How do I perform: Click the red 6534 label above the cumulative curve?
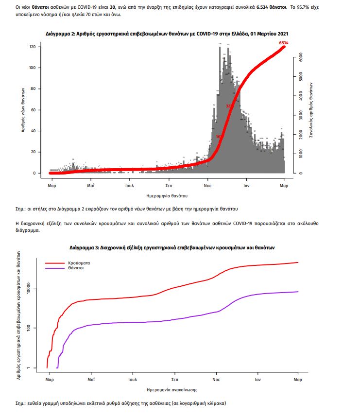tap(284, 43)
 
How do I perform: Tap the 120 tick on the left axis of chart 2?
tap(33, 47)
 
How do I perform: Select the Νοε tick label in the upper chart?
tap(208, 186)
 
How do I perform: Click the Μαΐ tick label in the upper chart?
tap(91, 186)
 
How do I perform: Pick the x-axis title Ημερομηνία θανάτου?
tap(167, 195)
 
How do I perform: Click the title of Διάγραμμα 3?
tap(172, 247)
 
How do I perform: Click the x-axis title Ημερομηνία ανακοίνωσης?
tap(172, 390)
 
